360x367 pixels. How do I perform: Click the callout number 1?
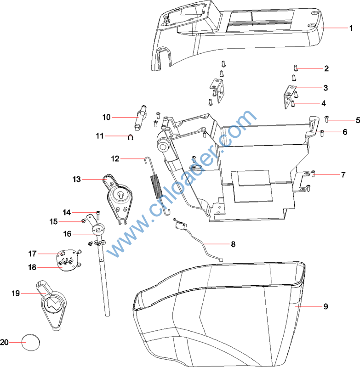pos(351,28)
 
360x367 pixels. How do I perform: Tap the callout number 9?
pos(326,306)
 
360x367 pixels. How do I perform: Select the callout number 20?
pos(5,342)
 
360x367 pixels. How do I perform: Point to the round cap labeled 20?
pos(31,342)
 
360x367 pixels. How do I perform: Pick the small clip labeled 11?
pos(131,136)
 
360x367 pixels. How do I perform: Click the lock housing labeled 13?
pos(118,198)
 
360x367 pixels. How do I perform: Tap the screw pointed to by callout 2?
pos(297,69)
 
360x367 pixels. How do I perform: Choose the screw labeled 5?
pos(327,119)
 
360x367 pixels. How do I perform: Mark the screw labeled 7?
pos(313,174)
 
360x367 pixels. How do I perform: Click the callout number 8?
pos(233,244)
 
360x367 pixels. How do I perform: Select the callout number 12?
pos(115,159)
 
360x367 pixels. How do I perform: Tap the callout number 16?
pos(67,234)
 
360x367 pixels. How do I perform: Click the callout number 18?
pos(32,267)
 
